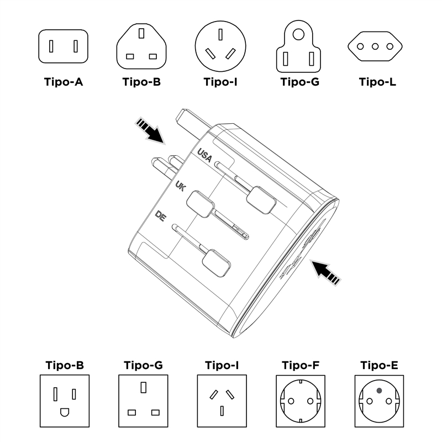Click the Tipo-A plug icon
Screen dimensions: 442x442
[x=63, y=46]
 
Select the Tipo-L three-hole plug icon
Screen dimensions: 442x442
[x=377, y=46]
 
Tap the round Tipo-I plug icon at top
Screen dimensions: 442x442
[x=220, y=46]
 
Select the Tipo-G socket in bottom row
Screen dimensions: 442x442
[x=142, y=401]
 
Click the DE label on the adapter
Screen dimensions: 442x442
[x=161, y=216]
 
